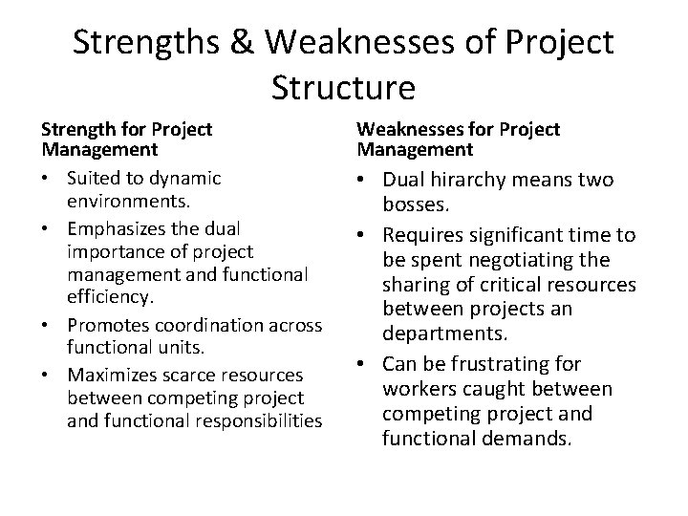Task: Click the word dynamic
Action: coord(188,178)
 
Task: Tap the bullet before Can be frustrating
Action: coord(368,366)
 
